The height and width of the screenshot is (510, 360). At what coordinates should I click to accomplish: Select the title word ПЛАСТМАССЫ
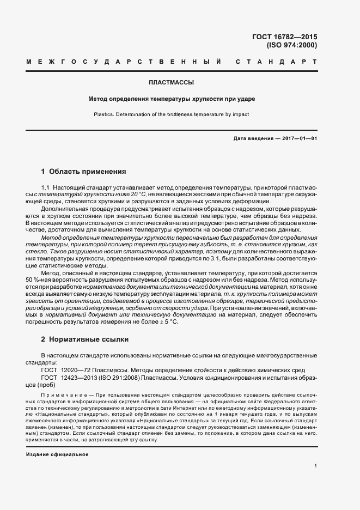tap(172, 83)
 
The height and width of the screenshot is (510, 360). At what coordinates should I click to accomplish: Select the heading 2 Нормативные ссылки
tap(84, 339)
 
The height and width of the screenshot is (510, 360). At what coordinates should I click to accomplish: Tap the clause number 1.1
tap(46, 187)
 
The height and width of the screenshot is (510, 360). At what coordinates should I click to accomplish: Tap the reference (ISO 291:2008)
tap(124, 377)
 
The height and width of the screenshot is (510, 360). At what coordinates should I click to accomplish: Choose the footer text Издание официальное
tap(57, 454)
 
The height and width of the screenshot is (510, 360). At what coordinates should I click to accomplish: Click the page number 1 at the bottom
tap(316, 466)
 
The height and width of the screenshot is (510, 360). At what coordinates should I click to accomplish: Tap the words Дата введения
tap(253, 139)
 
